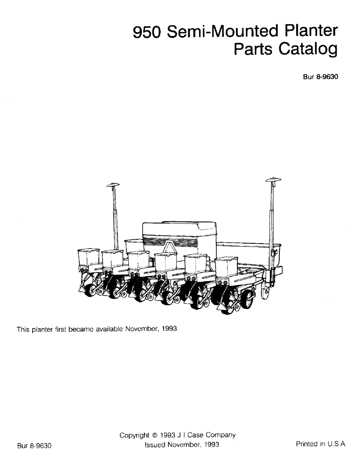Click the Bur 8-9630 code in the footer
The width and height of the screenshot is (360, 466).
pyautogui.click(x=34, y=445)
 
